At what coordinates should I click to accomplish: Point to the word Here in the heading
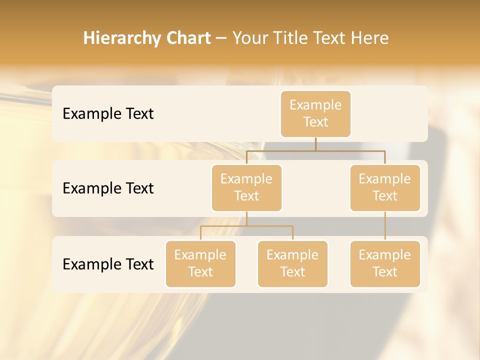(x=370, y=38)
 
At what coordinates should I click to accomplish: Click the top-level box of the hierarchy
(x=315, y=113)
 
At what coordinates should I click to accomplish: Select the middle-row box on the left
(x=246, y=187)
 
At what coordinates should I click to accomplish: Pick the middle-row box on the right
(x=385, y=187)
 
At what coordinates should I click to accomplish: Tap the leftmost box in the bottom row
(x=200, y=263)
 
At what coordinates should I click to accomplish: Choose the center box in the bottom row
(x=292, y=263)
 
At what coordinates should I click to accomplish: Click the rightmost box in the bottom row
(x=385, y=263)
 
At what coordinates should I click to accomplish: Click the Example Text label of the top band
(x=108, y=114)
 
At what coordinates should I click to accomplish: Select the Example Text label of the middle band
(x=108, y=188)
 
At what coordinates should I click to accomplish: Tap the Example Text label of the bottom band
(x=108, y=264)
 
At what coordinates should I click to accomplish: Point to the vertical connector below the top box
(x=315, y=144)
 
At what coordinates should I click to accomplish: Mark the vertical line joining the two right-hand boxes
(x=385, y=226)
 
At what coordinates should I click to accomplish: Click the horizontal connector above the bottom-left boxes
(x=246, y=226)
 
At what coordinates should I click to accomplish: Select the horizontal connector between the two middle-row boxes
(x=315, y=150)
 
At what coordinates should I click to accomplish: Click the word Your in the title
(x=249, y=38)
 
